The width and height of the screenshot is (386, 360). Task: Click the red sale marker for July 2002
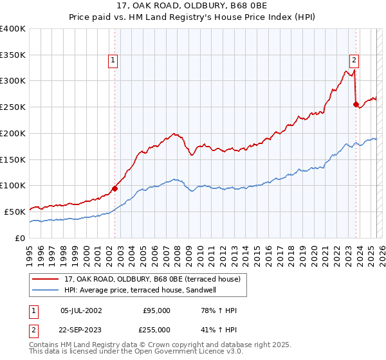coord(115,188)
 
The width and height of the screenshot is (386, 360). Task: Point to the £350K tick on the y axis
coord(13,55)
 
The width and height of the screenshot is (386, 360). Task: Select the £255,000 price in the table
coord(156,329)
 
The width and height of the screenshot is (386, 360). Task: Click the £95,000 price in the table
coord(156,310)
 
